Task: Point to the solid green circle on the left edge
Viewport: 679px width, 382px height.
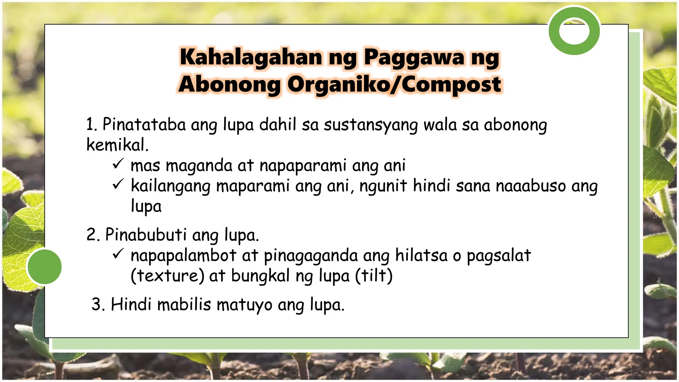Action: (44, 267)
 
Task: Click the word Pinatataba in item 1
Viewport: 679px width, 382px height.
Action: (144, 125)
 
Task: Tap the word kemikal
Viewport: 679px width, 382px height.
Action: (117, 145)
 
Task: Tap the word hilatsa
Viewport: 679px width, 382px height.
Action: (421, 256)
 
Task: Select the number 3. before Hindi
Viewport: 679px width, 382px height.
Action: (98, 305)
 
